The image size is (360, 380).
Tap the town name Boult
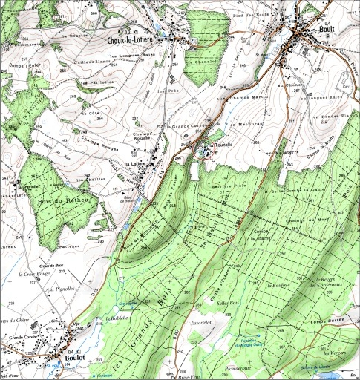(326, 30)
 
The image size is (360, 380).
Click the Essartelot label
(201, 323)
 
